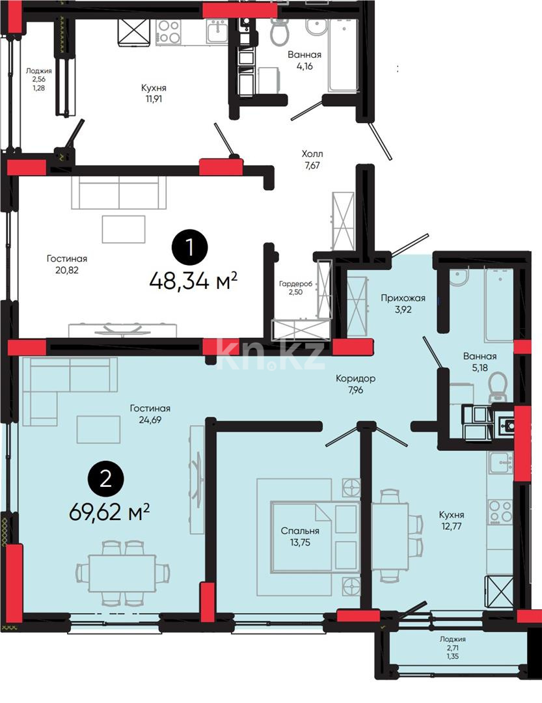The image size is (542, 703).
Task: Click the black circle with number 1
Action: (x=189, y=247)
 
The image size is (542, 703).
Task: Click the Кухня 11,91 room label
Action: (x=154, y=94)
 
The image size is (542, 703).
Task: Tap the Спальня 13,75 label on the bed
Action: (x=299, y=536)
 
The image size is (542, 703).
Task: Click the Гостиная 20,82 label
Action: (x=66, y=264)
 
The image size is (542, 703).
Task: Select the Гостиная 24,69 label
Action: (x=150, y=414)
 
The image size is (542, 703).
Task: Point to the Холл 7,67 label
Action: (x=312, y=159)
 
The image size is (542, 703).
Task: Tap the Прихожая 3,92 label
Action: (x=403, y=304)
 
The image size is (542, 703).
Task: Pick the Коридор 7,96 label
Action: (x=355, y=385)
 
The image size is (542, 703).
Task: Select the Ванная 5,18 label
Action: (x=480, y=362)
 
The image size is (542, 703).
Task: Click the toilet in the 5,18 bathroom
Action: (x=498, y=387)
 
